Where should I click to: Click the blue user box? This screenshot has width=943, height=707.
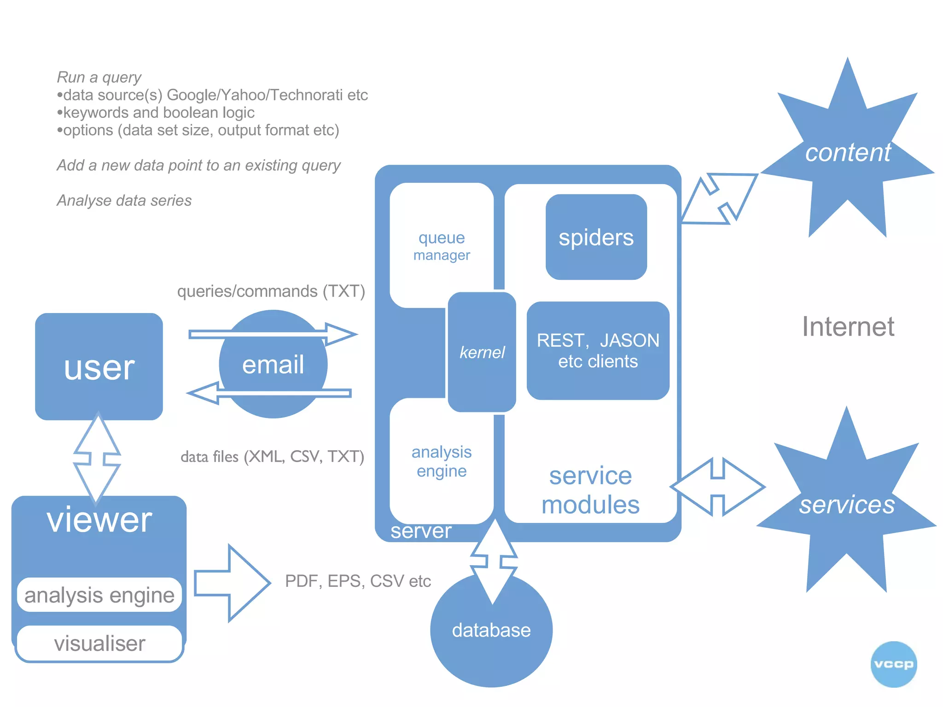(x=99, y=366)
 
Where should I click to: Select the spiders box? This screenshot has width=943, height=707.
(x=596, y=237)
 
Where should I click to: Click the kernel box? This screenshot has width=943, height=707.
(x=482, y=352)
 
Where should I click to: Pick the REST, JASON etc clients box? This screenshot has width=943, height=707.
(x=598, y=351)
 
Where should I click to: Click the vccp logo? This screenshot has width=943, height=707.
(x=893, y=664)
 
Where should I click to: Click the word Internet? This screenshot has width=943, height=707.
(x=848, y=327)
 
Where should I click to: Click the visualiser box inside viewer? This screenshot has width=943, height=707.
(x=99, y=643)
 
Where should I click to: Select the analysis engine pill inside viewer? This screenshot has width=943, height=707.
(x=99, y=595)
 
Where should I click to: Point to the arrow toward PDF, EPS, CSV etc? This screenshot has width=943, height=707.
(x=233, y=583)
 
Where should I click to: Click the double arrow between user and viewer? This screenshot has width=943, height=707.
(x=97, y=458)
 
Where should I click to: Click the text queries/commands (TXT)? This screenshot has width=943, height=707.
(x=271, y=291)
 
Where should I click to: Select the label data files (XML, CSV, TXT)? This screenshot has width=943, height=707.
(x=272, y=457)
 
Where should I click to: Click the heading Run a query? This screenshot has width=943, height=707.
(x=99, y=77)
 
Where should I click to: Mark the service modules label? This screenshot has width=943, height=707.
(x=590, y=490)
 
